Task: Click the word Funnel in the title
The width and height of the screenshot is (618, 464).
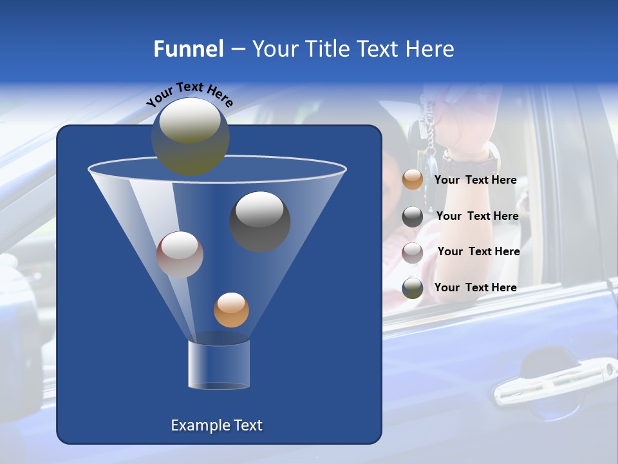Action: pyautogui.click(x=189, y=49)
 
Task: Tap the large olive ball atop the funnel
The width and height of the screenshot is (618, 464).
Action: pyautogui.click(x=191, y=136)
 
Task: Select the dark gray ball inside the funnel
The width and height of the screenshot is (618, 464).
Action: pyautogui.click(x=259, y=221)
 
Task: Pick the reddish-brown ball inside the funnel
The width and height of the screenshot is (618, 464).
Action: pyautogui.click(x=180, y=255)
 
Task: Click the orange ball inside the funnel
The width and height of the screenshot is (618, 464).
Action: pyautogui.click(x=231, y=310)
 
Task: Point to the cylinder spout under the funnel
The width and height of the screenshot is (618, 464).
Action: pyautogui.click(x=219, y=365)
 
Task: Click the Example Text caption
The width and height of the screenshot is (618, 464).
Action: pyautogui.click(x=217, y=425)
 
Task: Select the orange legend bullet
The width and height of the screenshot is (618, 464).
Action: pyautogui.click(x=413, y=180)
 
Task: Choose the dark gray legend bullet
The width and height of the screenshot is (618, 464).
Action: pyautogui.click(x=413, y=217)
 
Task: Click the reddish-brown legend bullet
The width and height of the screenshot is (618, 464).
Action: pyautogui.click(x=413, y=253)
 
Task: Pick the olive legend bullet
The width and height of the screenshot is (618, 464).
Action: pyautogui.click(x=413, y=288)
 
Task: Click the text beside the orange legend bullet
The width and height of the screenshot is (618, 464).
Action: pyautogui.click(x=475, y=180)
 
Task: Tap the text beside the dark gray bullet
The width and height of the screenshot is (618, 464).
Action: pyautogui.click(x=477, y=216)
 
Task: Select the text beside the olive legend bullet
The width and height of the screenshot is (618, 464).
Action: pyautogui.click(x=475, y=287)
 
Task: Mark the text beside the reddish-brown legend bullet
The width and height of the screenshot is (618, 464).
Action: pyautogui.click(x=478, y=251)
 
